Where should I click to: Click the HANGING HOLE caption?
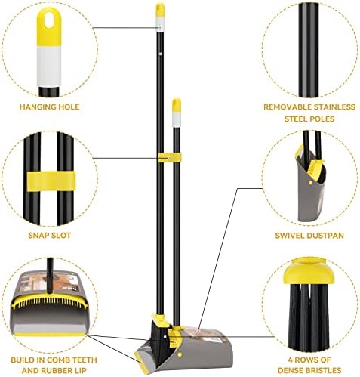coord(50,107)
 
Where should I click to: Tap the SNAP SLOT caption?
coord(50,236)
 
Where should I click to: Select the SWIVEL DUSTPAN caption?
coord(309,236)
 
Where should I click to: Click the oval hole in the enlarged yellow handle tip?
coord(50,20)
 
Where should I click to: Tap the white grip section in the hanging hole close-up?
coord(49,66)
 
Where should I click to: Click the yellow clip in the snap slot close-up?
coord(51,181)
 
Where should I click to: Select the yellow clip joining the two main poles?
coord(170,158)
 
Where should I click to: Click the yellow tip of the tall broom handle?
coord(160,10)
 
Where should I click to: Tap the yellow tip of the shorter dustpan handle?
coord(177,105)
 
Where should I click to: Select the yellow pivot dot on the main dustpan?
coord(180,354)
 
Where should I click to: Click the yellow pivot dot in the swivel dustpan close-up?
coord(311,183)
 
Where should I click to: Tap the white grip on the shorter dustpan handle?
coord(177,119)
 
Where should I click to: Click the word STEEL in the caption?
coord(296,119)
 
